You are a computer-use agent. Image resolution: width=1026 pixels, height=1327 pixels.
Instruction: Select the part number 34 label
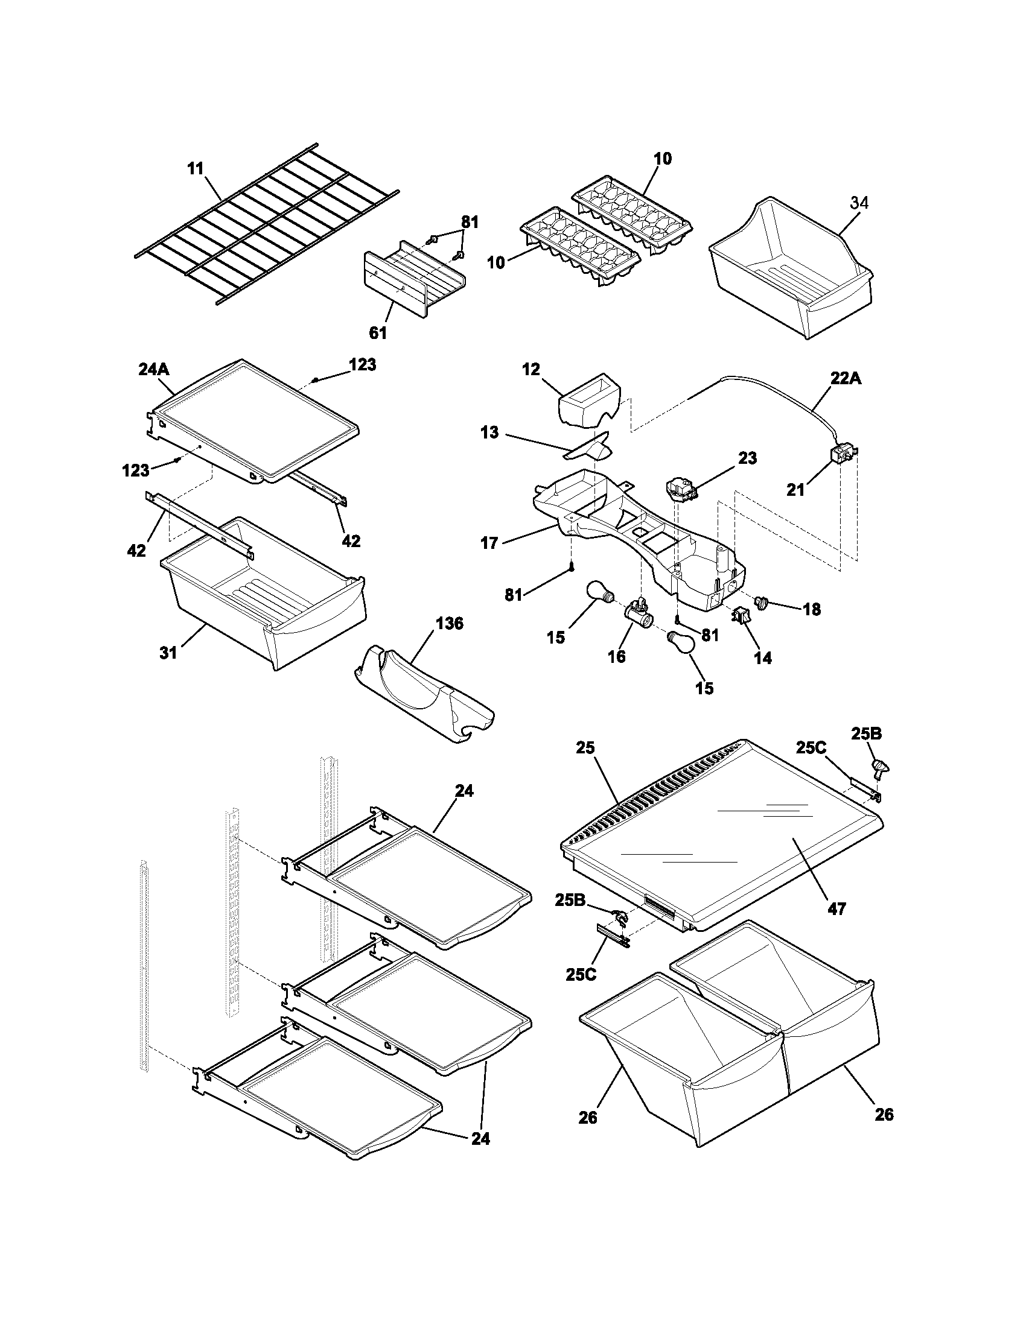click(859, 203)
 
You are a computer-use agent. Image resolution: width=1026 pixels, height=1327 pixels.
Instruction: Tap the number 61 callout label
click(377, 332)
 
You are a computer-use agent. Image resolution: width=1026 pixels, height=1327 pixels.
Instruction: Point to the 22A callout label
click(846, 378)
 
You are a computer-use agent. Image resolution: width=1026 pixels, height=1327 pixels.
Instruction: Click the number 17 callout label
click(489, 543)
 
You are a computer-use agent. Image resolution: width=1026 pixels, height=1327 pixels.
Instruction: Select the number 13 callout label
click(489, 432)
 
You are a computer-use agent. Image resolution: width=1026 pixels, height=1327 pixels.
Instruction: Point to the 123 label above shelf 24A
click(362, 364)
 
